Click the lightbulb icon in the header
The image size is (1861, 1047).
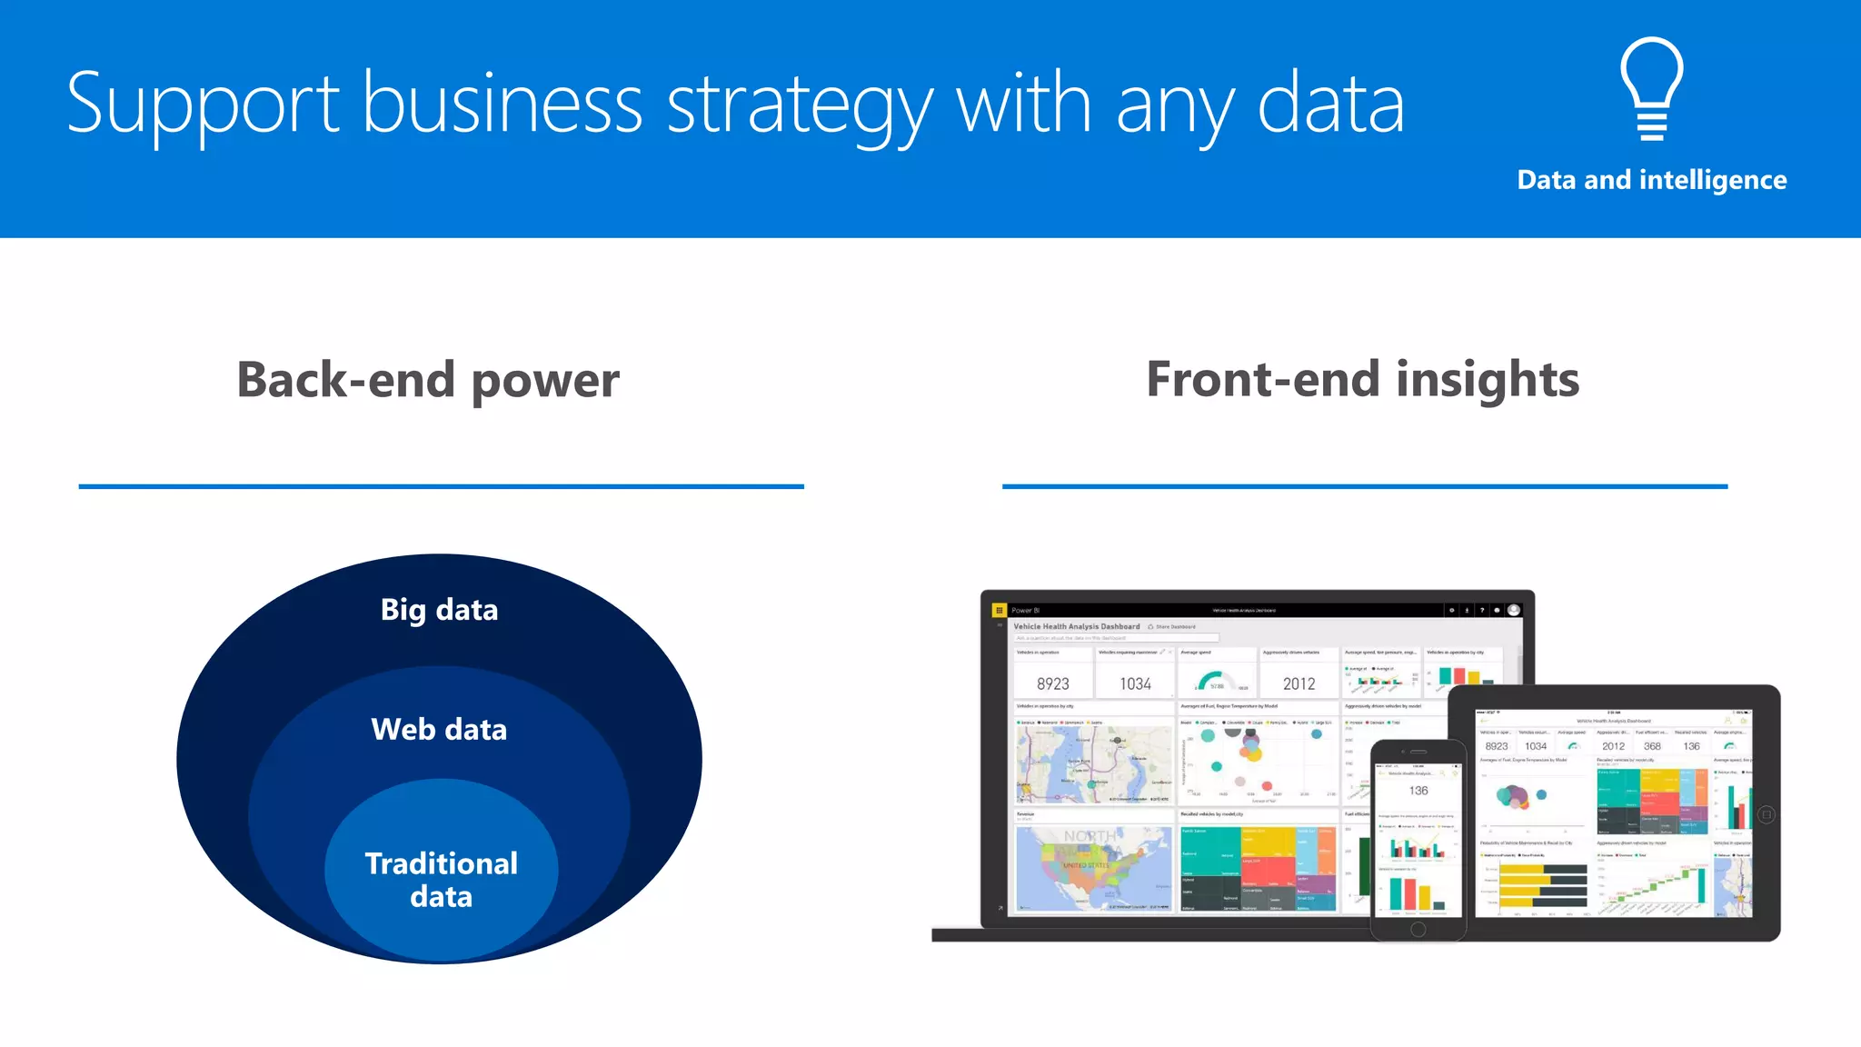pos(1651,88)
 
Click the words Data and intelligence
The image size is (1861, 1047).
pos(1651,180)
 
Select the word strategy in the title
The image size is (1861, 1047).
pos(800,105)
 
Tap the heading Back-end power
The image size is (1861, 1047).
pos(428,379)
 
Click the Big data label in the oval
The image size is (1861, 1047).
pos(439,609)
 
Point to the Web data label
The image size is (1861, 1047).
pos(439,729)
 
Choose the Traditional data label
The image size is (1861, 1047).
pos(441,879)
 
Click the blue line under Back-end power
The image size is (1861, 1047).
pos(441,486)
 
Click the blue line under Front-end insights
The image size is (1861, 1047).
pos(1364,486)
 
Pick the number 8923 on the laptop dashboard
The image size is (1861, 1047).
pos(1052,683)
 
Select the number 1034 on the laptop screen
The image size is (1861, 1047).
pos(1135,683)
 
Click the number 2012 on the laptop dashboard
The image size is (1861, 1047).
pos(1299,683)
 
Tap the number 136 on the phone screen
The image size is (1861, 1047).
pos(1418,791)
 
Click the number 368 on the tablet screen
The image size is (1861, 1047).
pos(1652,746)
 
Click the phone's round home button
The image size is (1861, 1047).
pos(1418,929)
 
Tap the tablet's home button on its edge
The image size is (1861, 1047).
pos(1766,814)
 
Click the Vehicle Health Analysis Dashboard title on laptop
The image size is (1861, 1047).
pos(1076,626)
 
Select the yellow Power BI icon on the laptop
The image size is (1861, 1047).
pos(999,610)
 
